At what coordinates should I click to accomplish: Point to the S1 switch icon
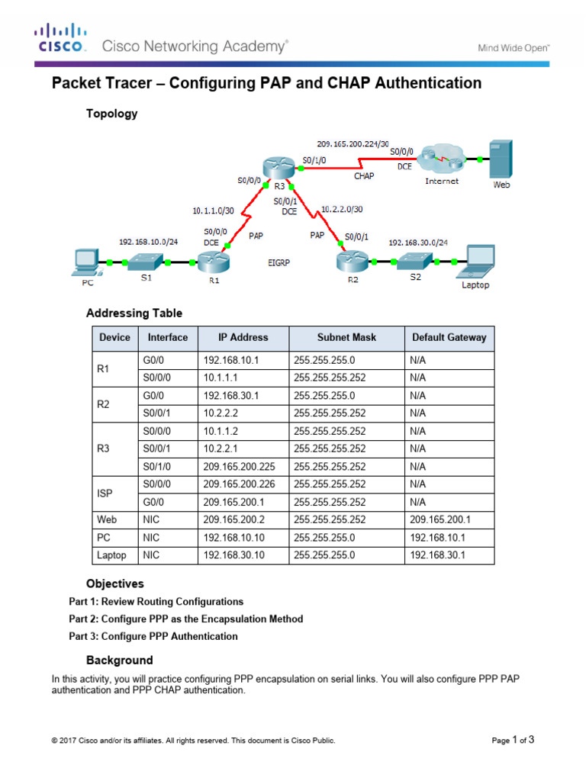coord(145,262)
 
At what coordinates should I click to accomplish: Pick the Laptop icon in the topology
coord(475,262)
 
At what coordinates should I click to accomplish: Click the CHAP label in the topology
coord(364,176)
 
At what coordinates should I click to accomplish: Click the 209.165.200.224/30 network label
coord(353,143)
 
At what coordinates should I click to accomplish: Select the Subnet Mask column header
coord(346,337)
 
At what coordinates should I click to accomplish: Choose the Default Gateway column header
coord(449,337)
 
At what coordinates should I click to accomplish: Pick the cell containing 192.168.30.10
coord(232,555)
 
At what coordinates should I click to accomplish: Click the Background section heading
coord(119,660)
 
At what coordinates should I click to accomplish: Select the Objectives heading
coord(114,583)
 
